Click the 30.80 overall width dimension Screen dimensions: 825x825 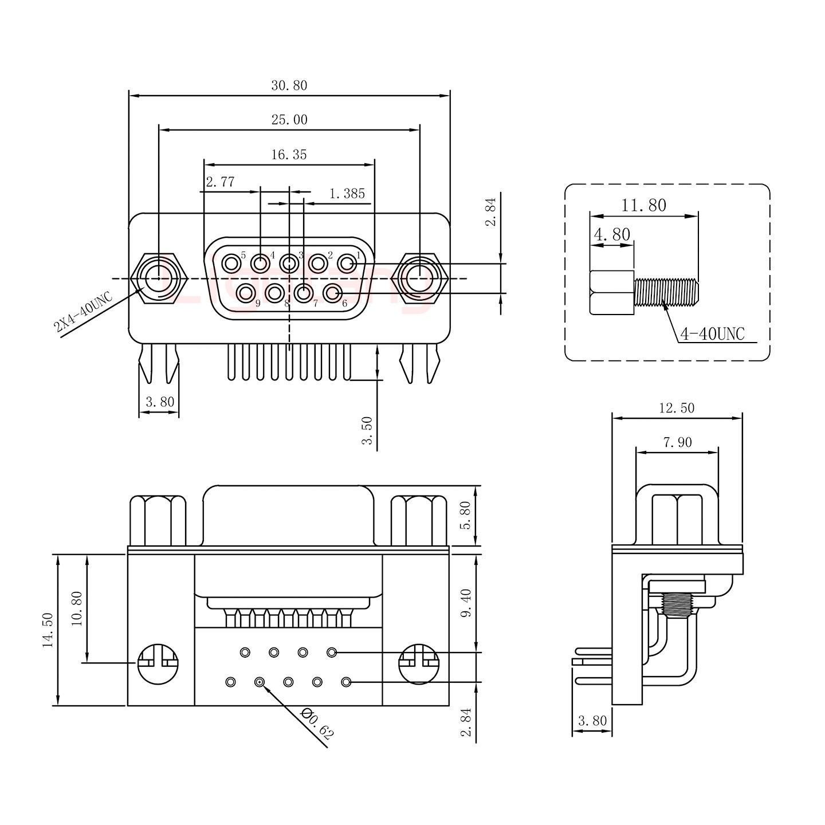[x=289, y=86]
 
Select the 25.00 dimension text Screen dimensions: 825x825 [x=289, y=120]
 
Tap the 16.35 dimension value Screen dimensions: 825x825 [x=289, y=155]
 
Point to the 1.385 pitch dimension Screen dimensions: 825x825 [x=347, y=194]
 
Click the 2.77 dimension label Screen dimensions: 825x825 [x=220, y=183]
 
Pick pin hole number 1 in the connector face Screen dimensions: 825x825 [x=347, y=264]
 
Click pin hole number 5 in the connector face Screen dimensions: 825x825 [x=231, y=264]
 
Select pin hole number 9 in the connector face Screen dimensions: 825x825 [x=246, y=293]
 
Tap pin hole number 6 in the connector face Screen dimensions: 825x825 [x=332, y=293]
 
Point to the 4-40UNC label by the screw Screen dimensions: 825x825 [x=712, y=333]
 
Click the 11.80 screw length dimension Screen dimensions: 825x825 [x=643, y=205]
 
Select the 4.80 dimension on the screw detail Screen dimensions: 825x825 [x=612, y=234]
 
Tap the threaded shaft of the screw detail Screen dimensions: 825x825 [x=666, y=291]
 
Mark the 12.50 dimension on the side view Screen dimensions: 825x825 [x=677, y=408]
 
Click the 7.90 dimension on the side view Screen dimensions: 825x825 [x=677, y=442]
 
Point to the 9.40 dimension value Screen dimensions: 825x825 [x=466, y=603]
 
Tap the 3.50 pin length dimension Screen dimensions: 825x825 [x=367, y=430]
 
